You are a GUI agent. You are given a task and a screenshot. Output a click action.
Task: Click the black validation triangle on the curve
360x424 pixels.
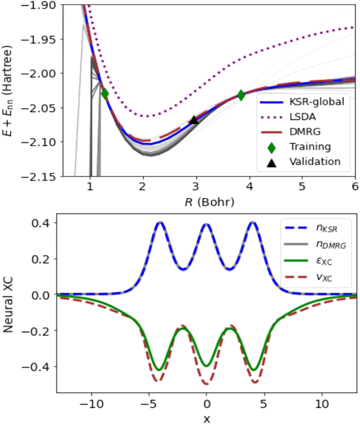(x=194, y=120)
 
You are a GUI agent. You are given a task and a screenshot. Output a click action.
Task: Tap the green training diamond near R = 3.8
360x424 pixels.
(x=241, y=95)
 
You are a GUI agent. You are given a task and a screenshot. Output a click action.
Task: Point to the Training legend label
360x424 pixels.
(x=310, y=147)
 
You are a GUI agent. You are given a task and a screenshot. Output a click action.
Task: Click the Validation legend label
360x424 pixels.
(x=315, y=162)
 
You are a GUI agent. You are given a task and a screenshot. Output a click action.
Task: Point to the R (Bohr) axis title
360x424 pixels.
(x=209, y=202)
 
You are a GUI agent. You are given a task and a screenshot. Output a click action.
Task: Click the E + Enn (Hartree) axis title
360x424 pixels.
(x=8, y=91)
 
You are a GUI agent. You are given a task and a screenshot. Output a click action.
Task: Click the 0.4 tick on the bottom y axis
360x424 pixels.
(x=41, y=223)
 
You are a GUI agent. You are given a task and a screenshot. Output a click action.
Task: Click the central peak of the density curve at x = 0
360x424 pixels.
(x=206, y=224)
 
